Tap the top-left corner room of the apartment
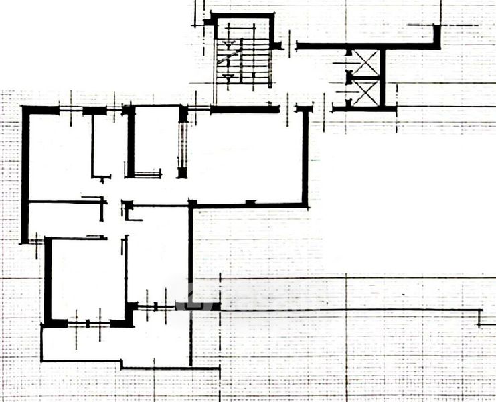click(59, 154)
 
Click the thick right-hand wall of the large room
click(305, 157)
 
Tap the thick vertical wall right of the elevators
click(384, 77)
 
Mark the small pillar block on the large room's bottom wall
click(250, 203)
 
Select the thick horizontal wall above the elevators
click(365, 46)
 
